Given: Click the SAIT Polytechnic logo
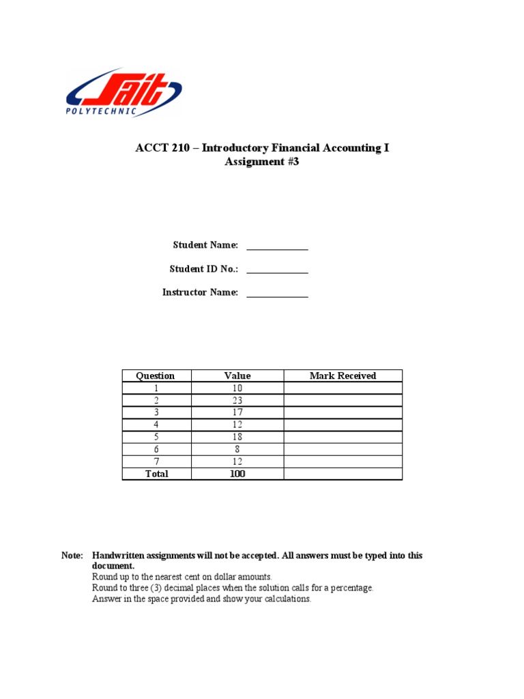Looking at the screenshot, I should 123,92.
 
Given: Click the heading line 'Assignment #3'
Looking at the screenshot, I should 262,162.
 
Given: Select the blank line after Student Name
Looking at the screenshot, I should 277,246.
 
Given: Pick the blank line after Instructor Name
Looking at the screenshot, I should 277,294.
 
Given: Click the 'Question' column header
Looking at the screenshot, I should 156,375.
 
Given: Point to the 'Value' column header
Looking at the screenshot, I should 237,375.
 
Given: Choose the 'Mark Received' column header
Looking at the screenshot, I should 343,375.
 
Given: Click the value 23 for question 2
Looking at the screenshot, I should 237,401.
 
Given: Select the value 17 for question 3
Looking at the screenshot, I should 237,412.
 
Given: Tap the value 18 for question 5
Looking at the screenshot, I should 237,437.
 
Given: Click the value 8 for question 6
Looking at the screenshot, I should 237,449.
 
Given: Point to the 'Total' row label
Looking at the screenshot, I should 156,474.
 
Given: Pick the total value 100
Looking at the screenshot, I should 237,474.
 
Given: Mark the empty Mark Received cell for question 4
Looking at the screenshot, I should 343,425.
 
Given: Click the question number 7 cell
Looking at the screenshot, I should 156,461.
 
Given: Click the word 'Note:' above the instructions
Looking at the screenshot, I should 72,556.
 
